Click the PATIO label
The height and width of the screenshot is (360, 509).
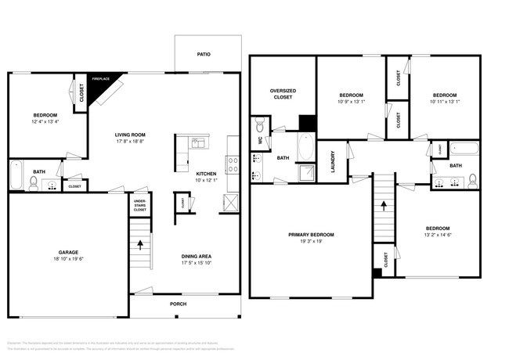pos(204,54)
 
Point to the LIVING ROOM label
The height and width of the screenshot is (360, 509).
pos(132,135)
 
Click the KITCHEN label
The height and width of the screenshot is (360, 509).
pos(206,174)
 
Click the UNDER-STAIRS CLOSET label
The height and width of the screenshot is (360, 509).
pos(140,206)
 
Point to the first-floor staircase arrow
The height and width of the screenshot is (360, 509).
pos(140,244)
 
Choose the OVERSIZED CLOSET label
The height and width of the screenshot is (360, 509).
pos(282,93)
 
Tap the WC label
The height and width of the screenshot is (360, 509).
pos(261,141)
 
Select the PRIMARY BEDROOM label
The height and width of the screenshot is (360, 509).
pos(312,235)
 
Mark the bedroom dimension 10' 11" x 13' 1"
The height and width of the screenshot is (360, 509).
pos(445,102)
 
